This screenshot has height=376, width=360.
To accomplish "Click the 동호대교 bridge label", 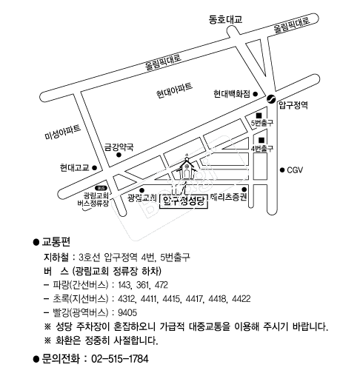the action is pyautogui.click(x=225, y=19).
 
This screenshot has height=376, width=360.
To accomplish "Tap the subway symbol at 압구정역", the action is pyautogui.click(x=271, y=98).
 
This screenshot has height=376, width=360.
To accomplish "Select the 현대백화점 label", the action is pyautogui.click(x=232, y=94).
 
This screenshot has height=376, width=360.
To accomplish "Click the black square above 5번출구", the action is pyautogui.click(x=259, y=115).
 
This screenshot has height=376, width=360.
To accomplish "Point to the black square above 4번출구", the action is pyautogui.click(x=261, y=140).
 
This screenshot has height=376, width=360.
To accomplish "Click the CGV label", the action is pyautogui.click(x=295, y=170).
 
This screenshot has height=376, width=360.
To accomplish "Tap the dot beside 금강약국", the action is pyautogui.click(x=119, y=155).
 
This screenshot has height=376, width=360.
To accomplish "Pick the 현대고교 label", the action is pyautogui.click(x=74, y=168).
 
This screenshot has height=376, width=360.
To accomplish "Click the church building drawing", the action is pyautogui.click(x=187, y=168).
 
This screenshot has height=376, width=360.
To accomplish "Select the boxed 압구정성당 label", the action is pyautogui.click(x=184, y=201).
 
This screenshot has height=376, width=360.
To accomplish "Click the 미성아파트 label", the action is pyautogui.click(x=63, y=132).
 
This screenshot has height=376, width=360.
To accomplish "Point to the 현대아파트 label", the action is pyautogui.click(x=174, y=90).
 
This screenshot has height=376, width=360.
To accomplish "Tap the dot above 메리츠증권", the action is pyautogui.click(x=244, y=189).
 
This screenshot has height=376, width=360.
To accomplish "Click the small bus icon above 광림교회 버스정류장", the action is pyautogui.click(x=100, y=188).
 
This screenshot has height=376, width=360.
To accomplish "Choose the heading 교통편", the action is pyautogui.click(x=56, y=242).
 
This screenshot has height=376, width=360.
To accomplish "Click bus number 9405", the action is pyautogui.click(x=127, y=313).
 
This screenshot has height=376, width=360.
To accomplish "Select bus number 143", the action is pyautogui.click(x=124, y=285).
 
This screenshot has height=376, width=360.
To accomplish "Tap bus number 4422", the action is pyautogui.click(x=241, y=299).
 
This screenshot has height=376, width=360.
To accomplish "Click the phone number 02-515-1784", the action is pyautogui.click(x=120, y=359).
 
